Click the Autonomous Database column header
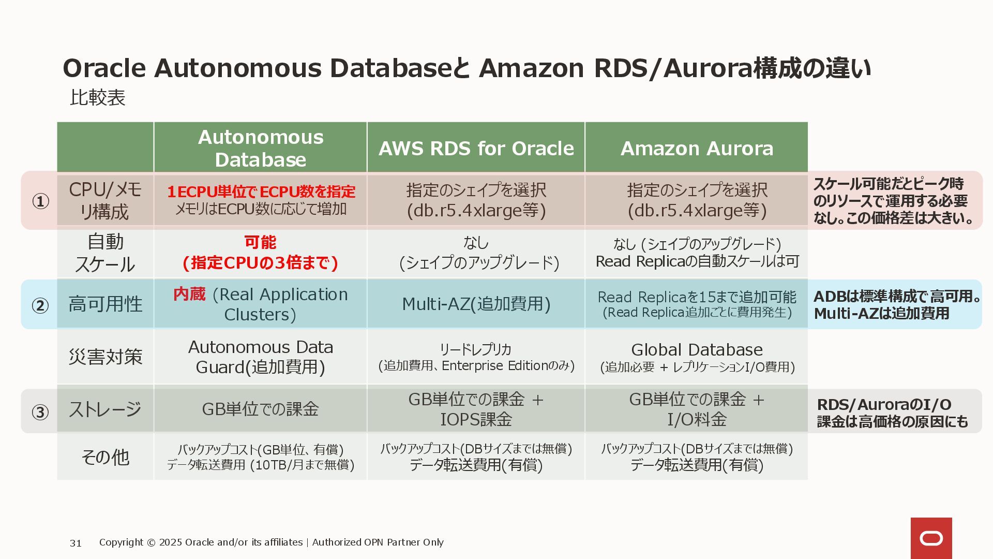[261, 148]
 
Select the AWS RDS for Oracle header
[476, 149]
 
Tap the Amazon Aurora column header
[697, 149]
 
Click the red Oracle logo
[931, 538]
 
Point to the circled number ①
[40, 201]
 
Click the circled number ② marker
[40, 305]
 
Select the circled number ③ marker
[40, 412]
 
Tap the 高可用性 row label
[105, 304]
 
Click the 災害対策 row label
[105, 357]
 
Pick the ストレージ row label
[105, 409]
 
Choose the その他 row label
[105, 457]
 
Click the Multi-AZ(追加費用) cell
[476, 304]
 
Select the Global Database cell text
[697, 350]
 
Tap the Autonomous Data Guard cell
[261, 357]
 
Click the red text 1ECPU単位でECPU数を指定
[261, 192]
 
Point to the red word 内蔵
[189, 294]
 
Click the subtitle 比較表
[98, 98]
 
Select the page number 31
[76, 543]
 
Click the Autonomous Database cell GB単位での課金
[261, 409]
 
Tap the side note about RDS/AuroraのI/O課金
[892, 413]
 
